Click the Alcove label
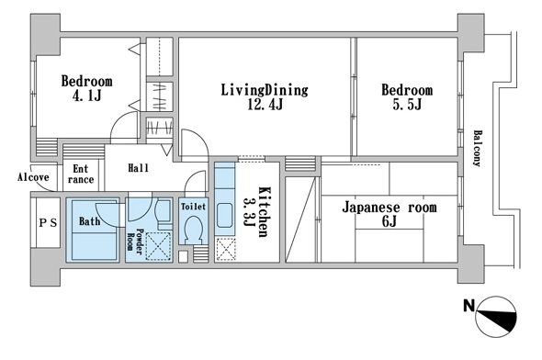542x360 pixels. click(x=33, y=177)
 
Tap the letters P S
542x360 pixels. click(x=48, y=223)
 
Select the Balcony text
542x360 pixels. click(x=478, y=148)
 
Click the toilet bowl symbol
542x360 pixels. click(x=193, y=230)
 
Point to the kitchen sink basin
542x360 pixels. click(x=225, y=215)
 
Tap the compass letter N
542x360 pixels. click(x=469, y=306)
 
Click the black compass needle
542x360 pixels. click(x=497, y=320)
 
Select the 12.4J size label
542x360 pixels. click(x=265, y=105)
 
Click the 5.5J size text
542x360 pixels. click(x=407, y=105)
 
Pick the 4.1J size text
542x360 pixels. click(x=86, y=96)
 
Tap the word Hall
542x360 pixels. click(x=139, y=168)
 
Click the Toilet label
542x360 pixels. click(x=193, y=207)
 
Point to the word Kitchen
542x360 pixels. click(x=264, y=212)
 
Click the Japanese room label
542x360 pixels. click(x=390, y=208)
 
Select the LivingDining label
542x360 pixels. click(x=265, y=90)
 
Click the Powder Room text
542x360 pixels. click(x=135, y=242)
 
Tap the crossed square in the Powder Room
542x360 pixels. click(x=158, y=246)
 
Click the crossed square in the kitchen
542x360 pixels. click(x=226, y=250)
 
